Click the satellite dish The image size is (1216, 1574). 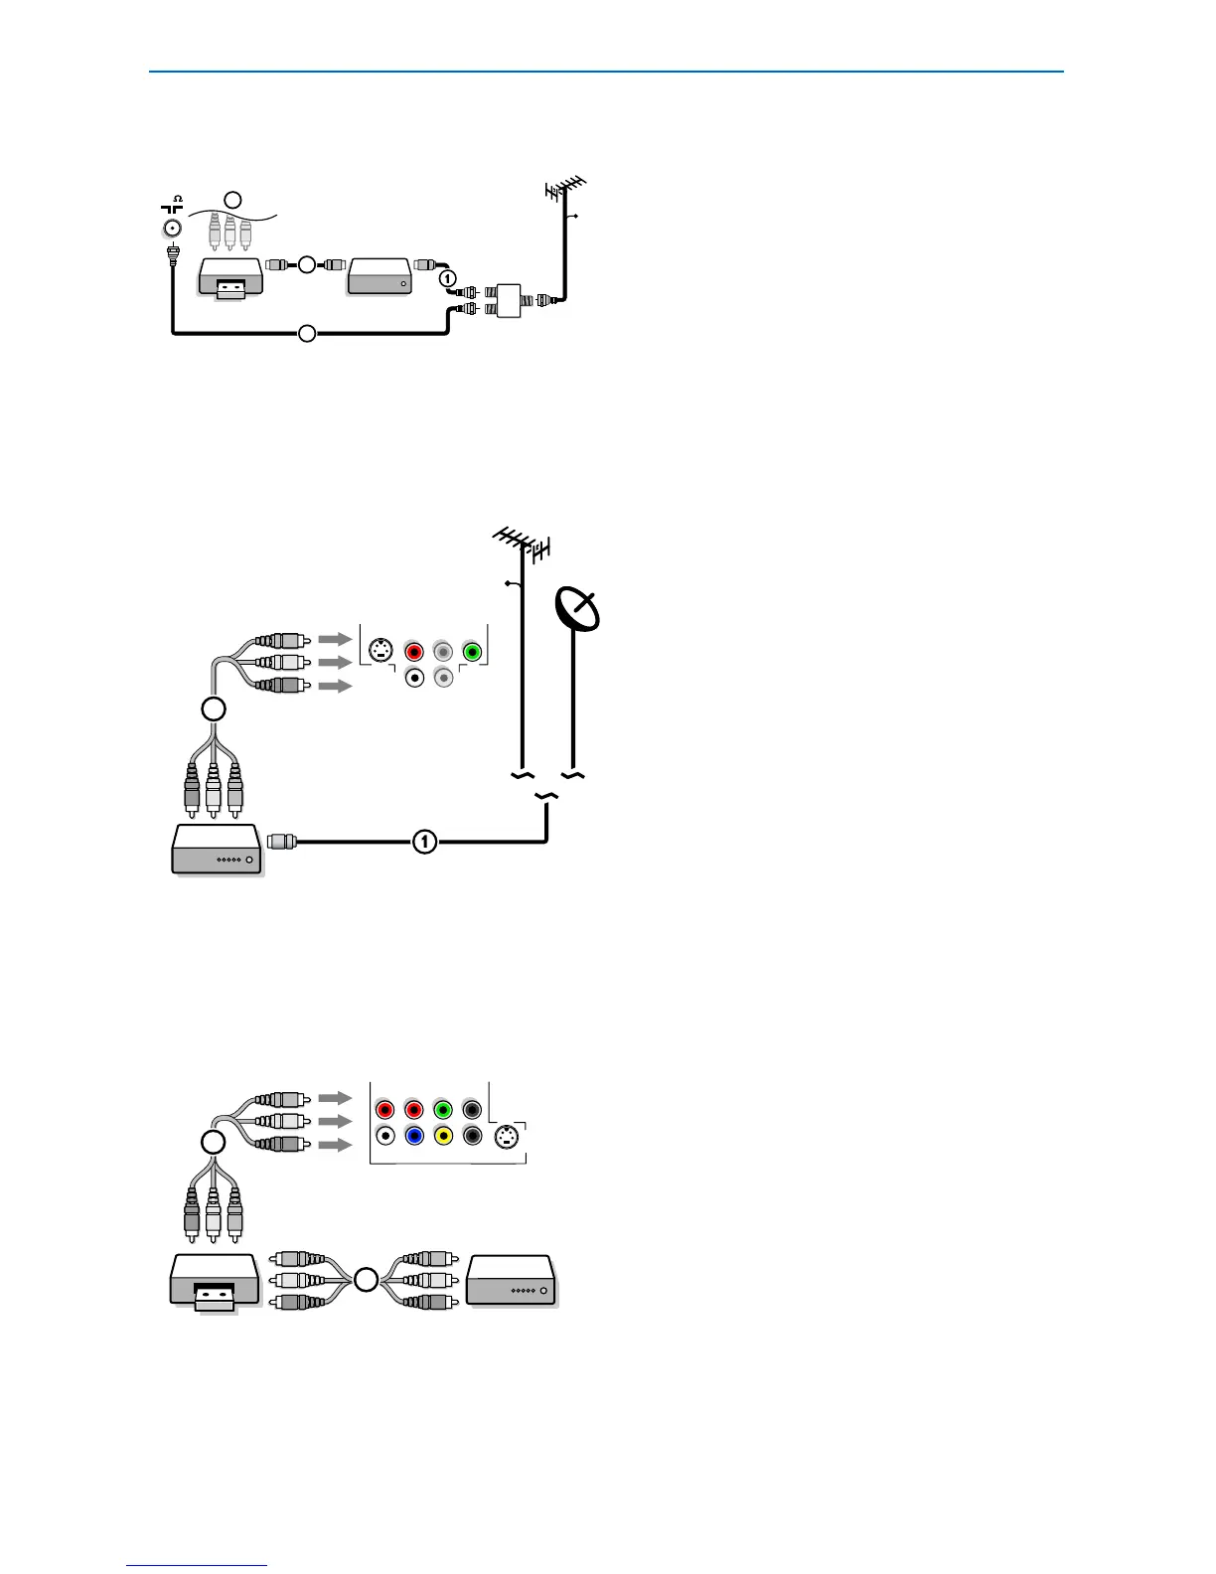pyautogui.click(x=577, y=610)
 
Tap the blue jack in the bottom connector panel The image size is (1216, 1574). pyautogui.click(x=414, y=1136)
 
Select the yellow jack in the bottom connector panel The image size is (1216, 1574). pyautogui.click(x=443, y=1136)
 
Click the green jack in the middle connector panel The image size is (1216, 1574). pyautogui.click(x=473, y=652)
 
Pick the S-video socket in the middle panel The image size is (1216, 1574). pyautogui.click(x=379, y=652)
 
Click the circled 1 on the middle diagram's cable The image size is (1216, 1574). pyautogui.click(x=424, y=842)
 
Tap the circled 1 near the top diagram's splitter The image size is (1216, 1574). pyautogui.click(x=448, y=278)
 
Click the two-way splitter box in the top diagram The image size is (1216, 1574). pyautogui.click(x=508, y=300)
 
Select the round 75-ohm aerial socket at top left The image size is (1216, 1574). pyautogui.click(x=172, y=229)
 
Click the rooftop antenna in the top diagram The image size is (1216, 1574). pyautogui.click(x=566, y=188)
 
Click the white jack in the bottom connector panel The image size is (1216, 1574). pyautogui.click(x=385, y=1136)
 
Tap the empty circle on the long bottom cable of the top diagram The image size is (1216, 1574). pyautogui.click(x=307, y=333)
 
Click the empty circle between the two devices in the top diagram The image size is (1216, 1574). pyautogui.click(x=306, y=264)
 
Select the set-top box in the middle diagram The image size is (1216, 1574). pyautogui.click(x=217, y=851)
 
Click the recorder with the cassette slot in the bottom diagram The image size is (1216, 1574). pyautogui.click(x=215, y=1283)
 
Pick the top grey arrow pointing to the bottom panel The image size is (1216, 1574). pyautogui.click(x=336, y=1098)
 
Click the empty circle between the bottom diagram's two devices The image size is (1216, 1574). pyautogui.click(x=366, y=1280)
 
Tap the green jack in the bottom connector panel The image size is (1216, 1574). pyautogui.click(x=443, y=1109)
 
